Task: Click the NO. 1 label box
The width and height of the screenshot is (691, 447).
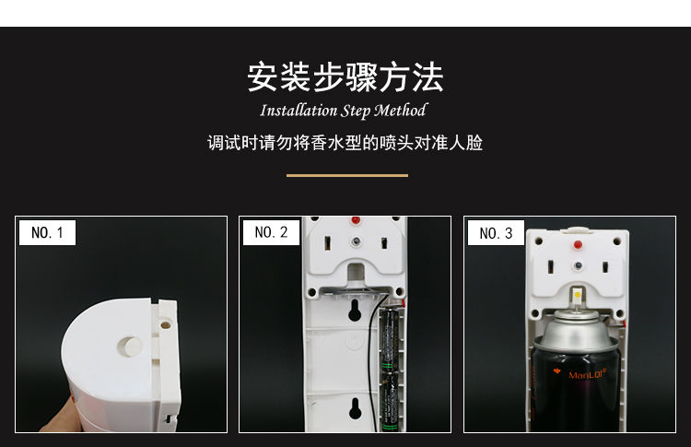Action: tap(47, 233)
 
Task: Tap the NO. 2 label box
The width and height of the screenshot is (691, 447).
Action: tap(272, 233)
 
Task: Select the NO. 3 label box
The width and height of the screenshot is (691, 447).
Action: tap(496, 234)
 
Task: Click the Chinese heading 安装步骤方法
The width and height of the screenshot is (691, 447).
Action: tap(345, 77)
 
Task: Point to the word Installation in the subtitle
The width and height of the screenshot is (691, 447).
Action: tap(299, 112)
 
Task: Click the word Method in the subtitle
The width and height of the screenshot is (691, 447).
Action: tap(401, 112)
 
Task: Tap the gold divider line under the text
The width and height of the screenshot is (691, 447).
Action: tap(346, 175)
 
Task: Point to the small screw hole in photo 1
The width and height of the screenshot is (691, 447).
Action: tap(165, 324)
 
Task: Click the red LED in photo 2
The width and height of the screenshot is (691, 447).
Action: tap(355, 222)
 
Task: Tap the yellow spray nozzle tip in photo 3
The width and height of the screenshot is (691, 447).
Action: tap(578, 297)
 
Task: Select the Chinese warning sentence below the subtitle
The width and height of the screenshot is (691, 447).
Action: tap(345, 144)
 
